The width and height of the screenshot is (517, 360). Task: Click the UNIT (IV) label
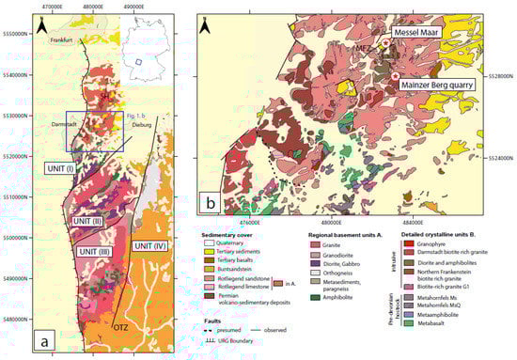point(151,245)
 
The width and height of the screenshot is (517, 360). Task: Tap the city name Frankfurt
point(63,40)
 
